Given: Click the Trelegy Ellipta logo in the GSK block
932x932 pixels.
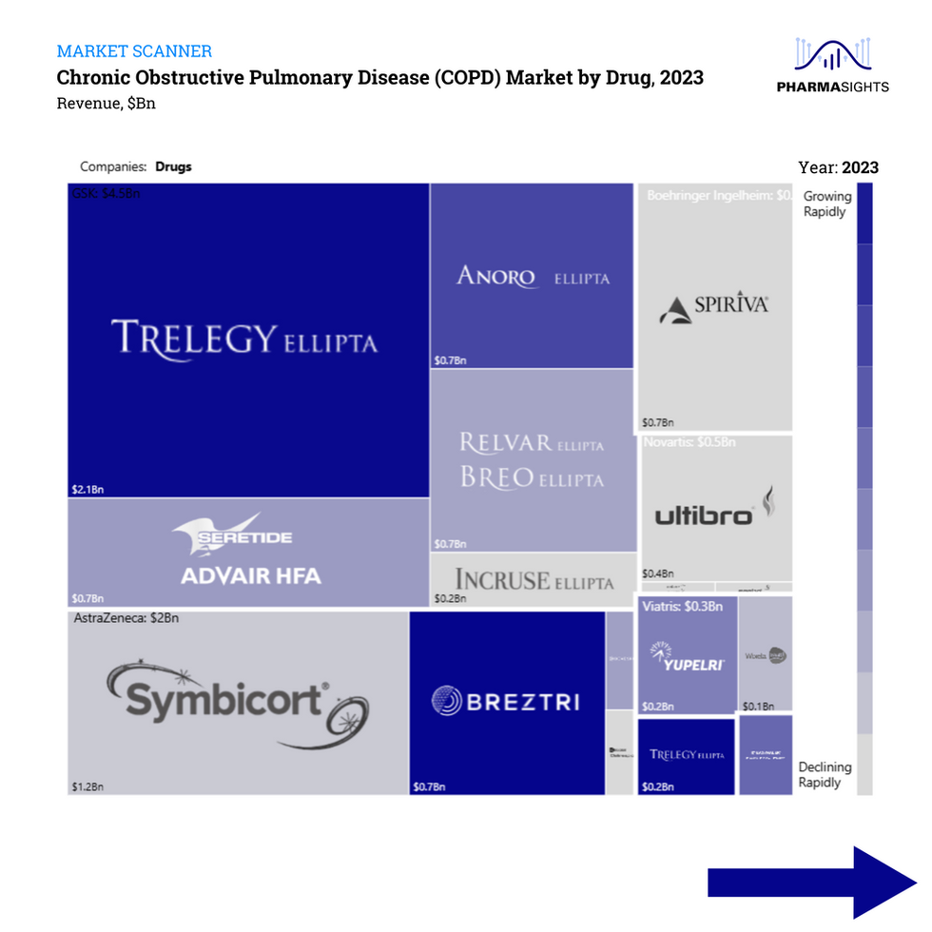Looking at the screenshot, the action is click(x=244, y=338).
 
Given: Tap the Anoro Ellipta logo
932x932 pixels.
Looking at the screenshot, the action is click(x=533, y=277).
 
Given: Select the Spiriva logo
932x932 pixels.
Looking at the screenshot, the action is click(x=713, y=307).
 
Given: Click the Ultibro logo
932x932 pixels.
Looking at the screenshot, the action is click(x=716, y=511).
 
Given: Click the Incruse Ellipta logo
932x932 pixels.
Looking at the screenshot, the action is click(x=534, y=580).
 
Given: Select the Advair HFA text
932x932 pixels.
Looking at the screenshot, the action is click(x=251, y=575).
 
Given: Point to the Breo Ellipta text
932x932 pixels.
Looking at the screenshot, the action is click(x=532, y=477).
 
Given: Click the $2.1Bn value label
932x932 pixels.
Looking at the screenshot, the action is click(x=87, y=489).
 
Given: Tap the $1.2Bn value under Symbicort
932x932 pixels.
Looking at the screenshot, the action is click(x=87, y=787).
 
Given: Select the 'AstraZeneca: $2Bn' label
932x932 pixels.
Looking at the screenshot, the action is click(x=126, y=618).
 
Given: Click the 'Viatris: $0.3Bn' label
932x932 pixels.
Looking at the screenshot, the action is click(x=682, y=606).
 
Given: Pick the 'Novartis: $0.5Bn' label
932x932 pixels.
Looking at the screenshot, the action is click(x=689, y=442).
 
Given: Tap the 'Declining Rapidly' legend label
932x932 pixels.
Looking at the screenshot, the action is click(x=825, y=774).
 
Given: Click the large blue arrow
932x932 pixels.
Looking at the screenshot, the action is click(x=810, y=883).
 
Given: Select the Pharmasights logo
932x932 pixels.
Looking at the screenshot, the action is click(x=832, y=67).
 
